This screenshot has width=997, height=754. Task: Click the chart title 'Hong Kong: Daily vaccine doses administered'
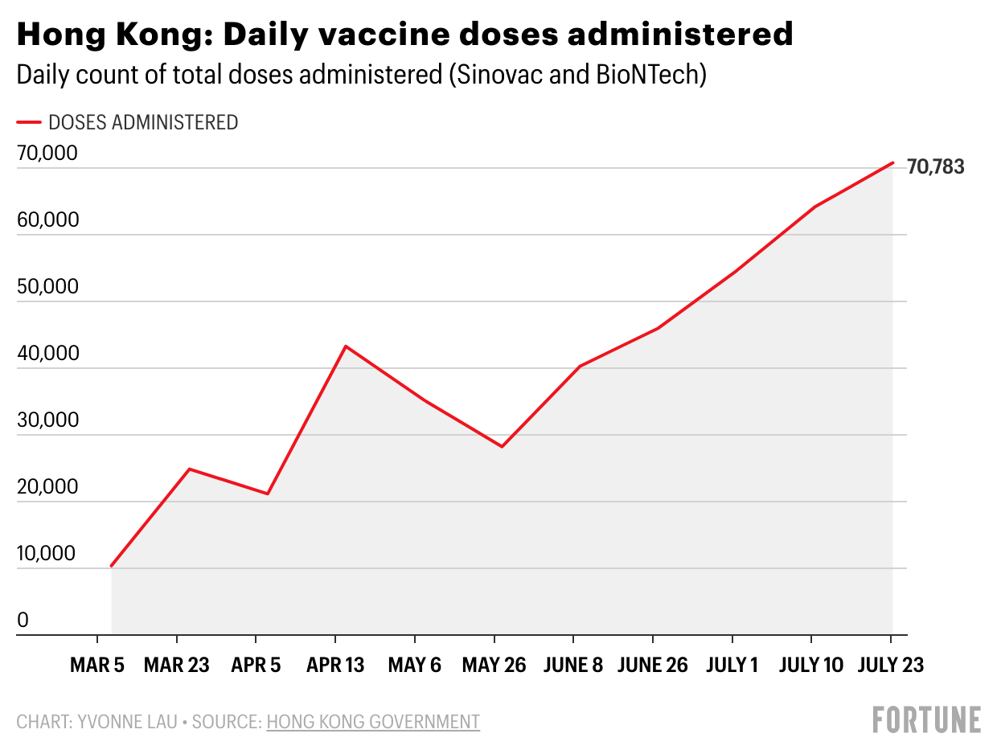tap(404, 34)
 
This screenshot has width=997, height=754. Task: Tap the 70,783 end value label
tap(935, 167)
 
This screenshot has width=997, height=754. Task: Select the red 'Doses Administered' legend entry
tap(128, 122)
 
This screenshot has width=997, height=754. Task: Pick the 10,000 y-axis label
tap(47, 554)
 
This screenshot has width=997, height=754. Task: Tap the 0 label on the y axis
tap(23, 621)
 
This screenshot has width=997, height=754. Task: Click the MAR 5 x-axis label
tap(97, 666)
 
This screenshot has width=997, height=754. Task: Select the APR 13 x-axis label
tap(335, 666)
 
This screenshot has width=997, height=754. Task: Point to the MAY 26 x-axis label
tap(494, 666)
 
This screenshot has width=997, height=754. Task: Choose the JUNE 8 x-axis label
tap(573, 666)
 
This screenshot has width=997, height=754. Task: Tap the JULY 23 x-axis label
tap(890, 666)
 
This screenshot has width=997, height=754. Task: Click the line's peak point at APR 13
tap(346, 346)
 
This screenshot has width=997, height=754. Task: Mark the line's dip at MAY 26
tap(502, 446)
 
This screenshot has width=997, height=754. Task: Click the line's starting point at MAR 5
tap(111, 566)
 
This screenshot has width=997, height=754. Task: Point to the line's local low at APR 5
tap(267, 494)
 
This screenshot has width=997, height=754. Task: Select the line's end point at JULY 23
tap(892, 163)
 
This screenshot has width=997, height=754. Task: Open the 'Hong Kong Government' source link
tap(373, 722)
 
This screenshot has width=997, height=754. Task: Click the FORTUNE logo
tap(927, 719)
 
